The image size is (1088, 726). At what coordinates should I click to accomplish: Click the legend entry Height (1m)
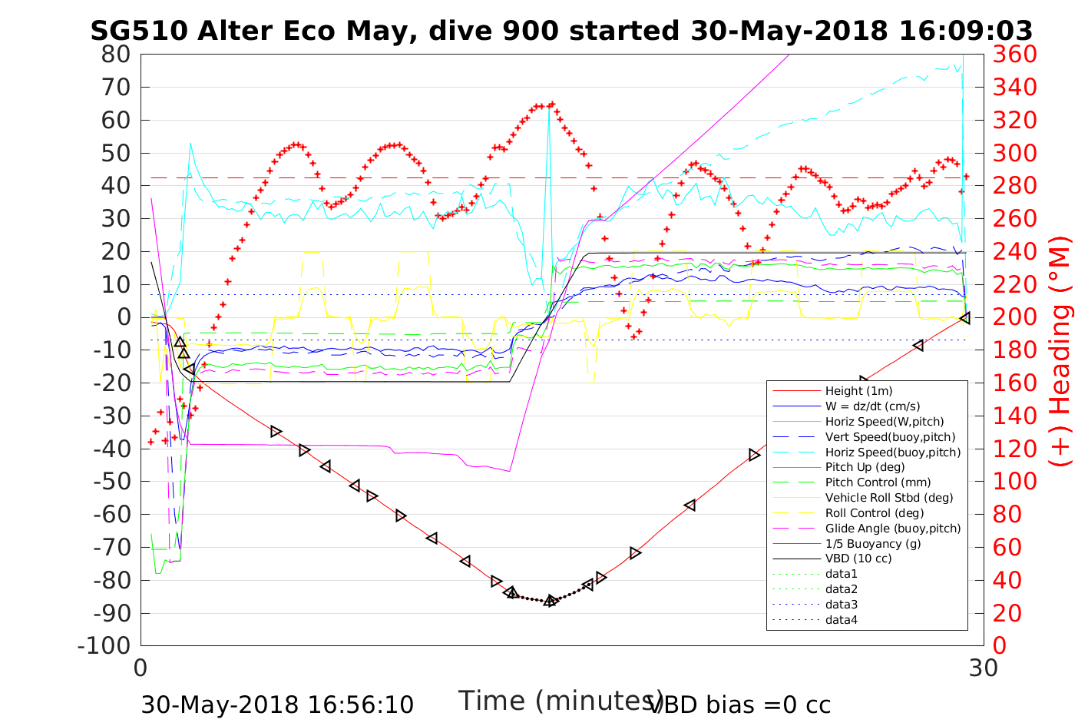pyautogui.click(x=858, y=391)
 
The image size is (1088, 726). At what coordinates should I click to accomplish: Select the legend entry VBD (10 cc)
pyautogui.click(x=858, y=559)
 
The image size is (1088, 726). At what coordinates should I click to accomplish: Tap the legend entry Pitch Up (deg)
pyautogui.click(x=865, y=467)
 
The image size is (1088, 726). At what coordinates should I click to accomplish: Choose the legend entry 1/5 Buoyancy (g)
pyautogui.click(x=872, y=543)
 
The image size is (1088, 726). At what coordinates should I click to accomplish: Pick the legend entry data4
pyautogui.click(x=841, y=619)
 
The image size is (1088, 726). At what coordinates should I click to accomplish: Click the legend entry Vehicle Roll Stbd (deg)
pyautogui.click(x=888, y=498)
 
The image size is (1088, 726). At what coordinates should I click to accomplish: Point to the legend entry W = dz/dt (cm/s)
pyautogui.click(x=872, y=406)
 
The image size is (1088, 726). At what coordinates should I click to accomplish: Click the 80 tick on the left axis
pyautogui.click(x=117, y=55)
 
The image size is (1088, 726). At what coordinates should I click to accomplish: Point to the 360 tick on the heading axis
pyautogui.click(x=1015, y=55)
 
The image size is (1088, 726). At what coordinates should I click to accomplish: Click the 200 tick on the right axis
pyautogui.click(x=1015, y=317)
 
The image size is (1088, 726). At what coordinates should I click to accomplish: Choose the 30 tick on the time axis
pyautogui.click(x=983, y=668)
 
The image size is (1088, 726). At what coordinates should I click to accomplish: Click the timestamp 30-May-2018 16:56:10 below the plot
pyautogui.click(x=277, y=704)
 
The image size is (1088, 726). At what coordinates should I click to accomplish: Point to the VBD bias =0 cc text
pyautogui.click(x=740, y=704)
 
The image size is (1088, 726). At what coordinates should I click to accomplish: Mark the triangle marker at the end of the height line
pyautogui.click(x=965, y=317)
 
